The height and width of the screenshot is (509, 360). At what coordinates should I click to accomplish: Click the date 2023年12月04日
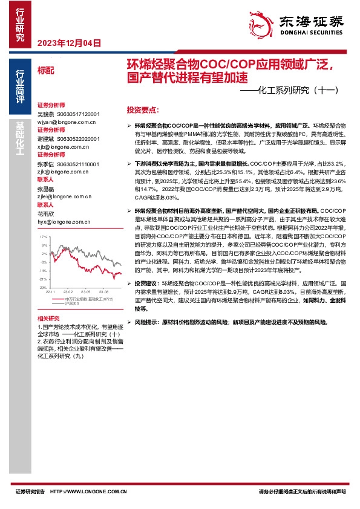[69, 43]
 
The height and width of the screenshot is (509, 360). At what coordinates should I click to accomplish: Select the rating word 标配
[45, 70]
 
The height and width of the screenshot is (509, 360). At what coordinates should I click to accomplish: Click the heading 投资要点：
[143, 111]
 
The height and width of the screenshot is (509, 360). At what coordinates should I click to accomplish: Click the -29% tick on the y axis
[43, 288]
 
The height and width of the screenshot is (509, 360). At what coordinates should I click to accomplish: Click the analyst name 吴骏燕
[45, 113]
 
